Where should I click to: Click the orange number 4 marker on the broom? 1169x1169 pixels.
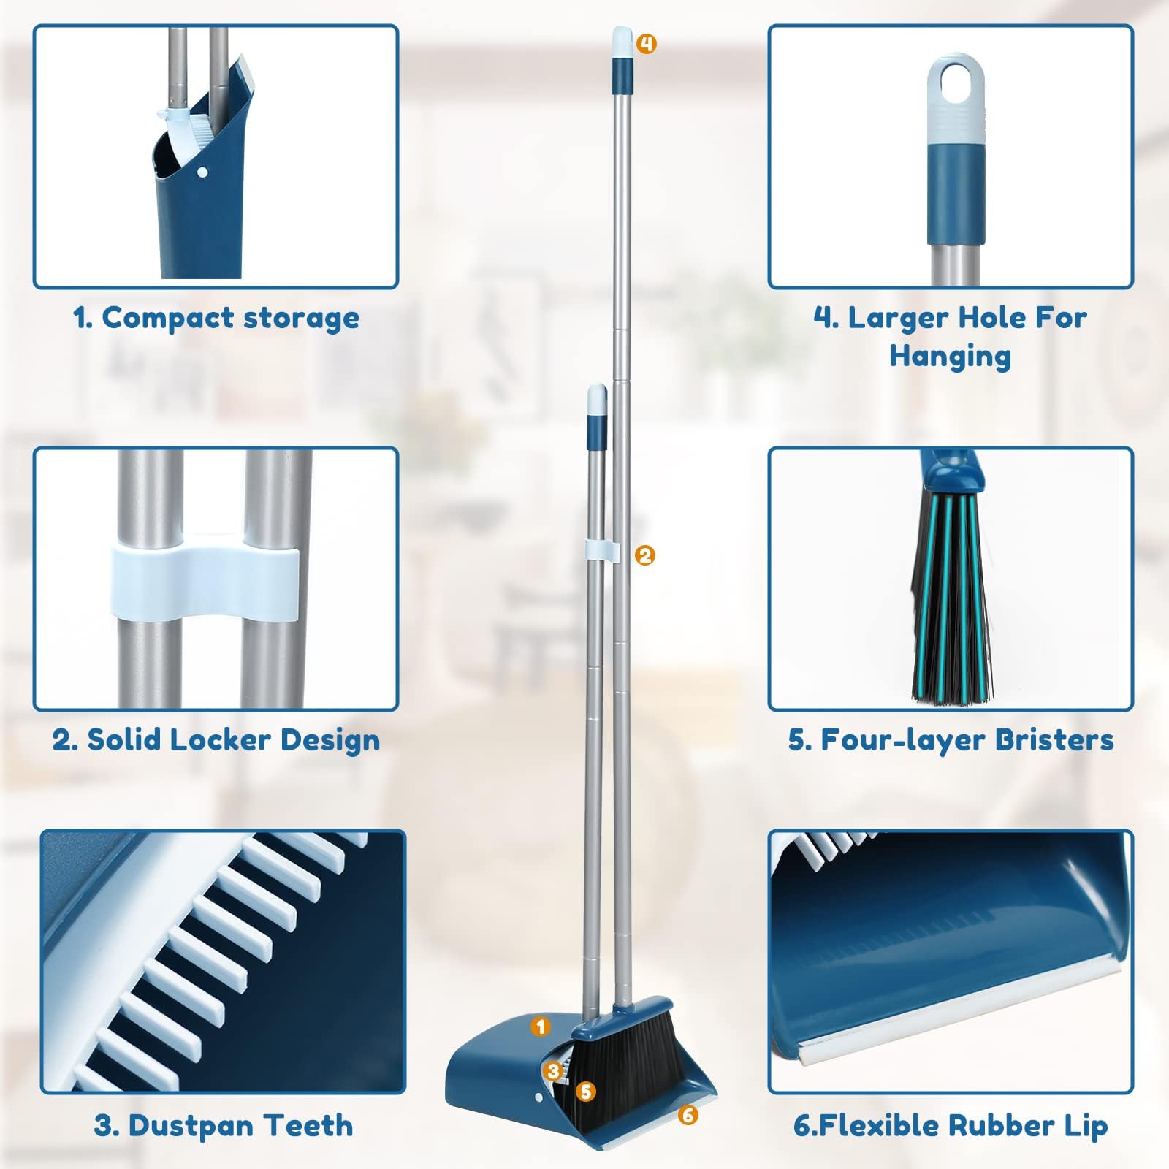coord(646,44)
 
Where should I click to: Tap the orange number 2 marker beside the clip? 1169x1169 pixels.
coord(644,555)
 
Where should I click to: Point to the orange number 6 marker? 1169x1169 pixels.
coord(688,1115)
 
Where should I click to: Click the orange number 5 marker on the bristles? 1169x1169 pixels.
coord(585,1092)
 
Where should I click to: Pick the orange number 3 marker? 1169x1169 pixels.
coord(553,1072)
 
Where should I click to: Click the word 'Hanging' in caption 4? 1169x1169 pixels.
coord(950,357)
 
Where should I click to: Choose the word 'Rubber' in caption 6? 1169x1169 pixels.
coord(997,1126)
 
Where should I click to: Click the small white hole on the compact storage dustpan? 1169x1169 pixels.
coord(204,174)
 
